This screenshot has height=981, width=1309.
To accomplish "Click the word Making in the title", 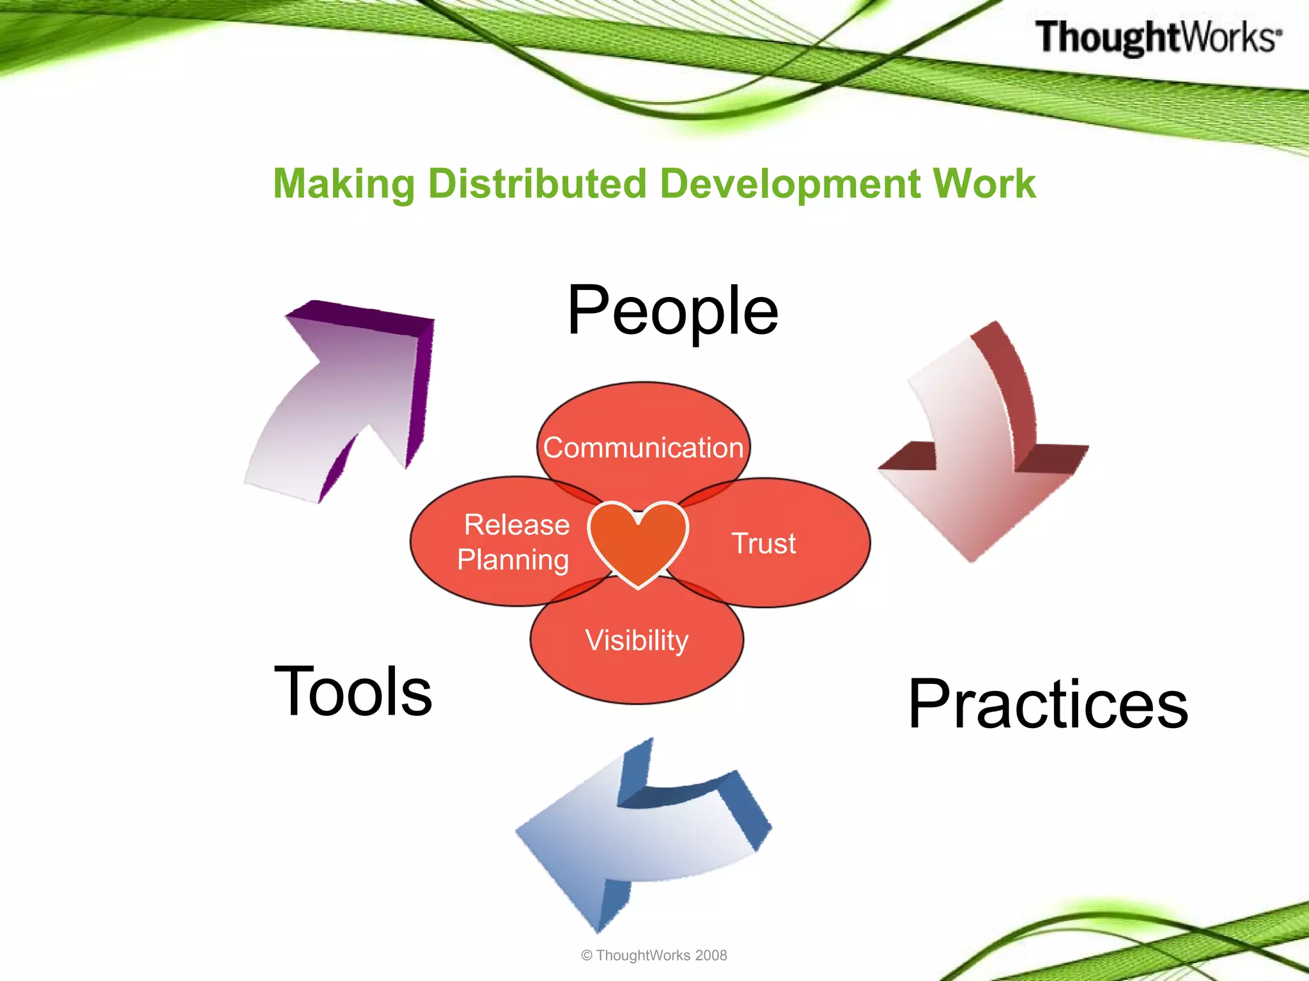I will [x=345, y=185].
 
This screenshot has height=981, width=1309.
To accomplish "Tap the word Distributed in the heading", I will [x=537, y=184].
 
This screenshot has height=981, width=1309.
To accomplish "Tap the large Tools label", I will [x=353, y=691].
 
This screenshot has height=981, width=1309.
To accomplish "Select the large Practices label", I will [x=1048, y=704].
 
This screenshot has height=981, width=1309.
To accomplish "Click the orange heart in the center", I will [x=638, y=540].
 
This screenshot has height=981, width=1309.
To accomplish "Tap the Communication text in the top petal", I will [x=643, y=448].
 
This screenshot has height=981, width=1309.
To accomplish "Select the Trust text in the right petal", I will [x=763, y=544].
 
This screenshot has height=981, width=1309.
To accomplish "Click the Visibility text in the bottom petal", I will [x=637, y=641].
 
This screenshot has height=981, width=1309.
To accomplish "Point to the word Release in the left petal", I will [x=516, y=525].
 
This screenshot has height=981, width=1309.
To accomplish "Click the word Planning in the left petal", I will [x=513, y=560].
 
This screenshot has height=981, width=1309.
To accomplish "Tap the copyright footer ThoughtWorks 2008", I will [x=654, y=955].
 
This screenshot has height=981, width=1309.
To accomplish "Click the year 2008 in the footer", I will [x=711, y=955].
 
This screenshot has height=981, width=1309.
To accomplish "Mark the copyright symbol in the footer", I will [x=587, y=955].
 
